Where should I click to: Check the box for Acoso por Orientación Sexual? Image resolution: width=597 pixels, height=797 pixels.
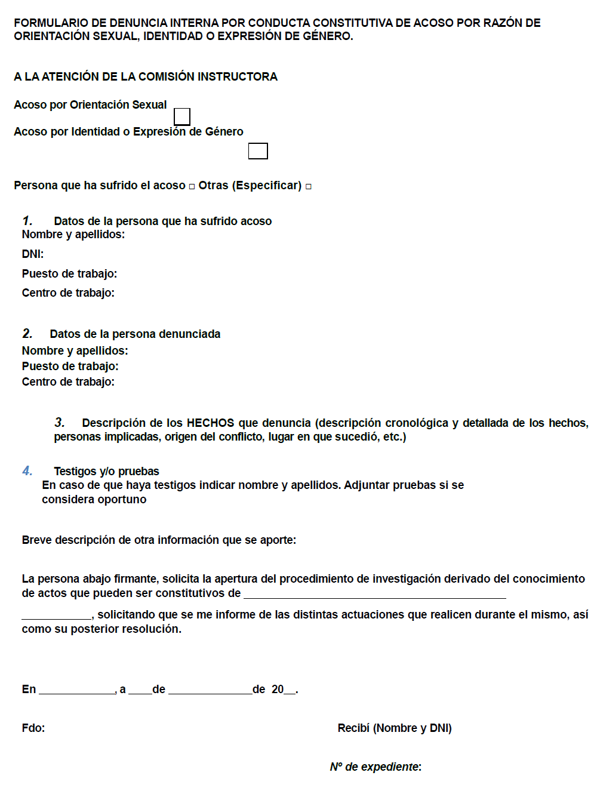(x=182, y=116)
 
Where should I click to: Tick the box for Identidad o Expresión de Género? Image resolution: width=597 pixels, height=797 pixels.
(x=258, y=151)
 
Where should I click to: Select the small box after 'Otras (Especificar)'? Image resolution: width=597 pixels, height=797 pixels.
(x=309, y=187)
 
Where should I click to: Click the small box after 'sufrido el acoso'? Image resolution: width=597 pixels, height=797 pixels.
(x=192, y=187)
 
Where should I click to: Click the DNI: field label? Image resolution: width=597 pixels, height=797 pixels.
(x=33, y=254)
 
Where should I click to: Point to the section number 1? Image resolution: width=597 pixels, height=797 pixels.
(x=27, y=221)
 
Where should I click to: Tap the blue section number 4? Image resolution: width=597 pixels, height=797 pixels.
(x=27, y=471)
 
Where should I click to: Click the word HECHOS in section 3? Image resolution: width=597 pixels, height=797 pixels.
(x=210, y=423)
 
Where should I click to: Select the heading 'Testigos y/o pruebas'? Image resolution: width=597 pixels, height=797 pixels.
(x=106, y=472)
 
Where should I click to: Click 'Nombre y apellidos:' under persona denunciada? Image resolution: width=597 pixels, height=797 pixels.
(x=75, y=351)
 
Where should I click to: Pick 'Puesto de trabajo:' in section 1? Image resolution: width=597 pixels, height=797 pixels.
(x=69, y=274)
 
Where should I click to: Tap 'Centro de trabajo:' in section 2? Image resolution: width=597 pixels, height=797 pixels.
(x=68, y=382)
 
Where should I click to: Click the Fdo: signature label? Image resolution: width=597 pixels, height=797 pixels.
(x=33, y=728)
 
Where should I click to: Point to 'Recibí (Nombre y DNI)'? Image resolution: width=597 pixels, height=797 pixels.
(x=395, y=728)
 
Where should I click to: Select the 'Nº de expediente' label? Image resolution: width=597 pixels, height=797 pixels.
(x=376, y=767)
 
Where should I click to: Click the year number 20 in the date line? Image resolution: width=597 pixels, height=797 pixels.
(x=278, y=690)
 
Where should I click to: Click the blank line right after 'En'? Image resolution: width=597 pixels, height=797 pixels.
(x=76, y=691)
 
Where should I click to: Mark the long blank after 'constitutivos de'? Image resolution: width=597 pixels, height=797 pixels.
(x=375, y=595)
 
